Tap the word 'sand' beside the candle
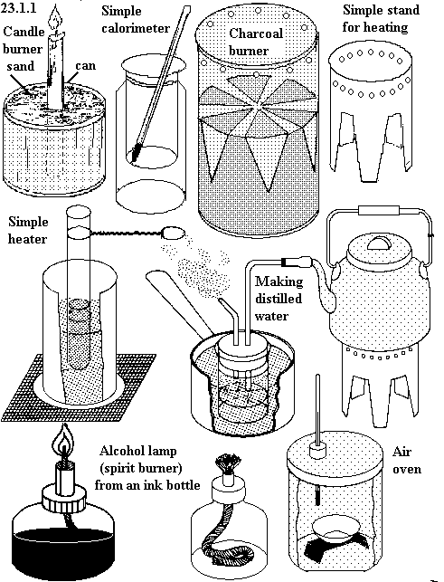21,66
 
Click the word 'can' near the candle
85,66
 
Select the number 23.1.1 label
18,7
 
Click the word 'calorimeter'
136,28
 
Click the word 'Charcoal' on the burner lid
256,33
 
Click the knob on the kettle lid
378,243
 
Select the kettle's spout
324,286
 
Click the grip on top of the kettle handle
378,211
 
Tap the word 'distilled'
279,299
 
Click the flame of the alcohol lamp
63,442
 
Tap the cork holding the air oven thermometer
317,451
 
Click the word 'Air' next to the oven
401,452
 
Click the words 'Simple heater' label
28,230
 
